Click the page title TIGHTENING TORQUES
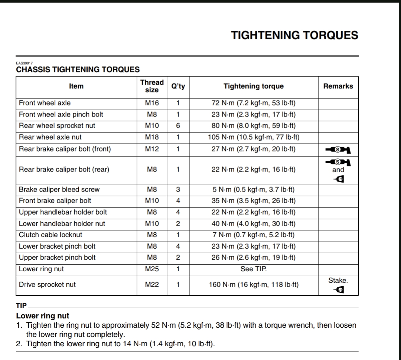coord(294,35)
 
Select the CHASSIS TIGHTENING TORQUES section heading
coord(78,69)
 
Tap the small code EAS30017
coord(25,63)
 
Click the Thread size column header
coord(152,86)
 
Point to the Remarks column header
coord(338,86)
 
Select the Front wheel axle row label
coord(45,103)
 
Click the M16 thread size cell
coord(152,103)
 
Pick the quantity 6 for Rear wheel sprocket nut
coord(178,126)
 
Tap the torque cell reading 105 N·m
coord(254,137)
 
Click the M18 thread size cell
coord(152,137)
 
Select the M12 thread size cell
coord(152,149)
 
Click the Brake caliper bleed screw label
coord(59,189)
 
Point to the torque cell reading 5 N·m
coord(254,189)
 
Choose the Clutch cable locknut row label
coord(50,235)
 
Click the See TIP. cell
coord(254,269)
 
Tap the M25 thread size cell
coord(152,269)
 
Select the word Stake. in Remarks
coord(338,281)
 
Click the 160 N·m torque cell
coord(254,285)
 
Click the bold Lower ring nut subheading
coord(43,316)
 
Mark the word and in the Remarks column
coord(338,170)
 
